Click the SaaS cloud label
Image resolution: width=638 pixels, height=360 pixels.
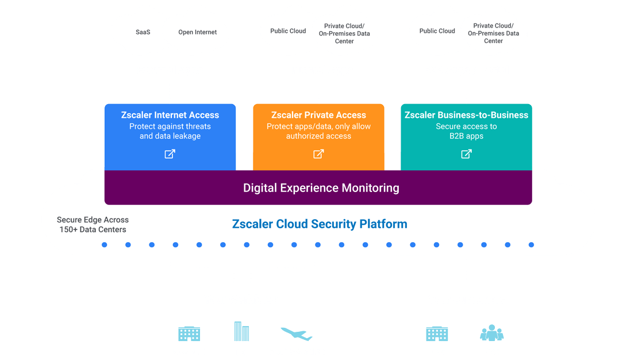click(x=143, y=32)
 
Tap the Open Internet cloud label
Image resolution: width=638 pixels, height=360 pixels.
click(x=197, y=32)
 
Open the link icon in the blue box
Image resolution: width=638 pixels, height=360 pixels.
click(x=170, y=154)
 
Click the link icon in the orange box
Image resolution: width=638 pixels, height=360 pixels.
click(x=318, y=154)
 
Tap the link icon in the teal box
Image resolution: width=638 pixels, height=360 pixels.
click(x=467, y=154)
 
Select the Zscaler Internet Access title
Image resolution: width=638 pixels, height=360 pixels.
click(x=170, y=115)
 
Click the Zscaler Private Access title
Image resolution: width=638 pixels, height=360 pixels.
click(x=318, y=115)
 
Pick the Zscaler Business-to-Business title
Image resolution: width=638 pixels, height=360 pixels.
click(x=466, y=115)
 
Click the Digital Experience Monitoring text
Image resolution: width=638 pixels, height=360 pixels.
click(x=321, y=188)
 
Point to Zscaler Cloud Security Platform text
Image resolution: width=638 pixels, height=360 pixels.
click(x=320, y=224)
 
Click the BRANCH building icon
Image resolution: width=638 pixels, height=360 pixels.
click(x=189, y=334)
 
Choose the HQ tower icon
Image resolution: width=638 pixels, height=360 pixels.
click(x=241, y=332)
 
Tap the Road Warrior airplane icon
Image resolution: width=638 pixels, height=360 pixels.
click(x=296, y=334)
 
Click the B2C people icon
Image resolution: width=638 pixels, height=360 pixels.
click(x=491, y=334)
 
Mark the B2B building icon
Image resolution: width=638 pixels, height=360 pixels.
click(x=437, y=334)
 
